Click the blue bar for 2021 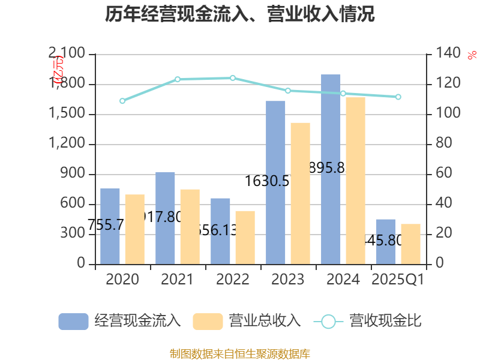click(x=165, y=218)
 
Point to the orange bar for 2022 click(x=245, y=238)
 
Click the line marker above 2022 click(x=233, y=78)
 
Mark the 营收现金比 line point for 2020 click(x=122, y=101)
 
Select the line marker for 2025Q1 click(x=398, y=97)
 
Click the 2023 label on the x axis click(x=288, y=280)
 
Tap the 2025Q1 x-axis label click(x=398, y=280)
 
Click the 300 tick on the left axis click(x=76, y=235)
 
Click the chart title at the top click(x=240, y=14)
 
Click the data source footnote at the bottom click(x=240, y=353)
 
